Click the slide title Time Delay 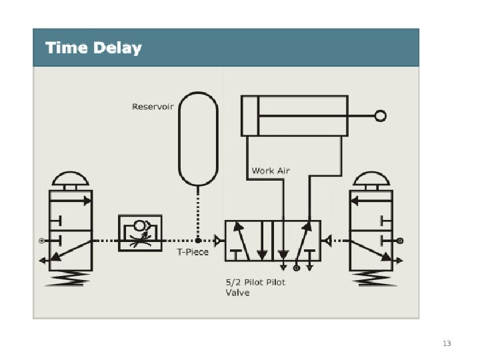coord(93,48)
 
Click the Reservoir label coord(153,107)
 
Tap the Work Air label coord(271,171)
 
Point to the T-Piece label coord(193,252)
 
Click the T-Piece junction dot coord(198,240)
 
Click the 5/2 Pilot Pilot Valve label coord(255,287)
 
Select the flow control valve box coord(140,233)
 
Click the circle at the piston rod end coord(380,116)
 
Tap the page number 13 coord(447,343)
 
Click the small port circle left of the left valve coord(41,240)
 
